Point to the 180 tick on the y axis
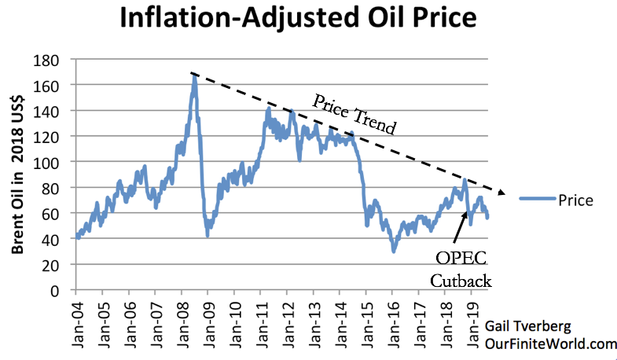pyautogui.click(x=53, y=59)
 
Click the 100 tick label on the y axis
pyautogui.click(x=53, y=162)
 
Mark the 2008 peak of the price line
pyautogui.click(x=194, y=76)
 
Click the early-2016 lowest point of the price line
pyautogui.click(x=394, y=251)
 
